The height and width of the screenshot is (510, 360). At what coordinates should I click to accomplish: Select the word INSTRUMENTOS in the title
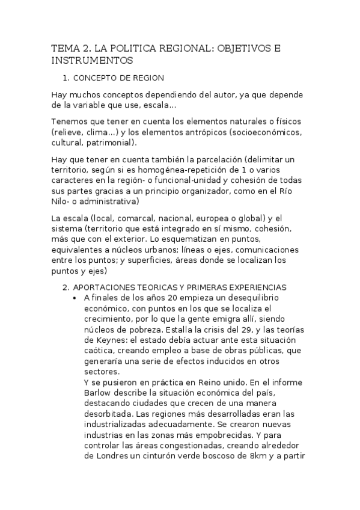point(91,61)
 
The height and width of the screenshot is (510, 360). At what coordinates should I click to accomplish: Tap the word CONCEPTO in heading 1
point(95,78)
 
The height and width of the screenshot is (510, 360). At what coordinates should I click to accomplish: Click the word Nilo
point(61,201)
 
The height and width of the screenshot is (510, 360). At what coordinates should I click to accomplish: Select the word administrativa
point(111,201)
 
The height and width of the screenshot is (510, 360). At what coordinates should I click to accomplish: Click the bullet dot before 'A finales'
point(73,298)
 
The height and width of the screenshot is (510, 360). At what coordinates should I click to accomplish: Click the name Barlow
point(99,392)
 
